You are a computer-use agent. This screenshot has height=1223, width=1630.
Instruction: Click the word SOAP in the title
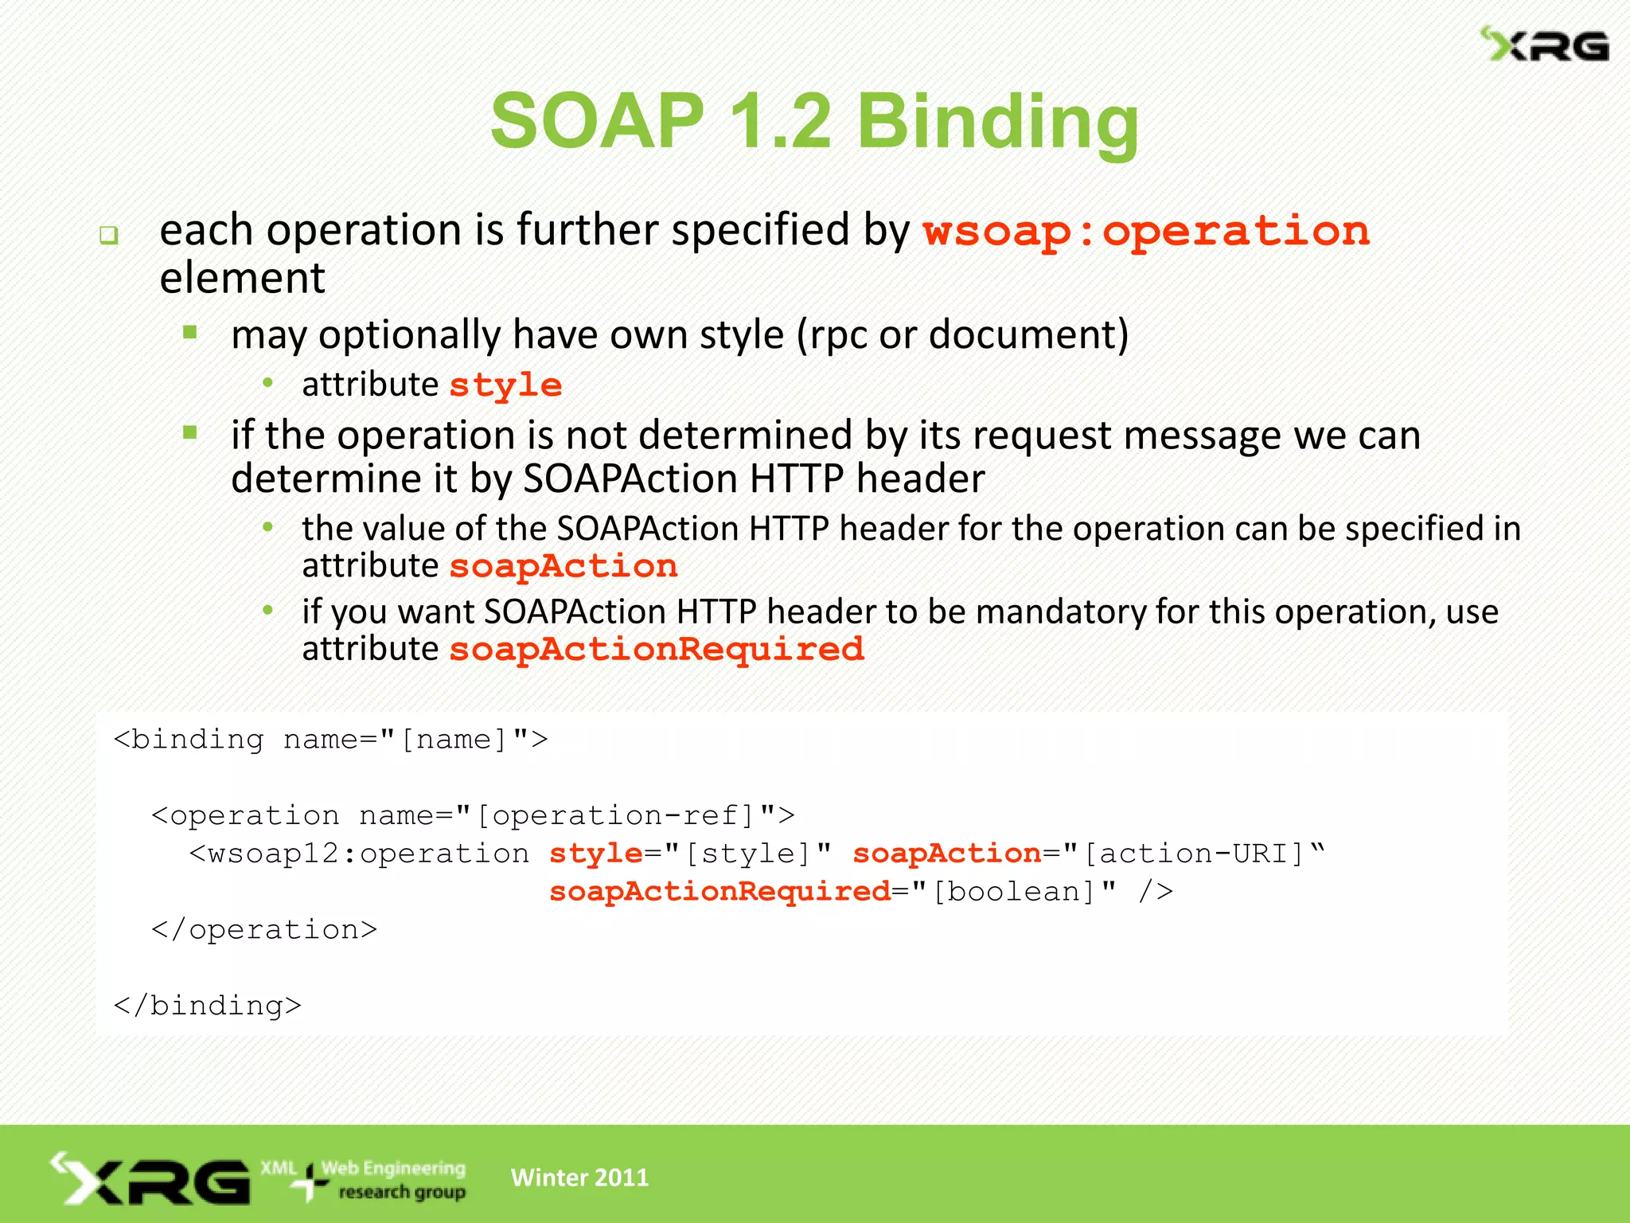click(x=597, y=121)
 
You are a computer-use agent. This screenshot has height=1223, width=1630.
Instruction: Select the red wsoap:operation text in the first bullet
click(x=1146, y=232)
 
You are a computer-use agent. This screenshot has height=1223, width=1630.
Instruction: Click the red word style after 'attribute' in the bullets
click(x=505, y=385)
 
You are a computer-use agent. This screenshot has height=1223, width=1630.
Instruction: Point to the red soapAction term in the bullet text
click(x=563, y=566)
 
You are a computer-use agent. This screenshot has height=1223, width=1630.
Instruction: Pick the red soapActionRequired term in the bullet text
click(x=657, y=649)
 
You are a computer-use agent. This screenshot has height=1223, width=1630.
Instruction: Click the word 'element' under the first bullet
click(x=242, y=278)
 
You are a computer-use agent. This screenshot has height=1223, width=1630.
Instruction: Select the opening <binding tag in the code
click(x=189, y=740)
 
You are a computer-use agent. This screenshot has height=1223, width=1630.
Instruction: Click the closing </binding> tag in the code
click(x=208, y=1006)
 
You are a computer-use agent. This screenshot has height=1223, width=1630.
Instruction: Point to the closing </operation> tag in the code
click(x=264, y=929)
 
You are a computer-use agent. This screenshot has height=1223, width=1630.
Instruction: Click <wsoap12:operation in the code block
click(x=359, y=854)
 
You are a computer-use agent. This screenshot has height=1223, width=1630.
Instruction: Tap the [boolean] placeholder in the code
click(x=1014, y=892)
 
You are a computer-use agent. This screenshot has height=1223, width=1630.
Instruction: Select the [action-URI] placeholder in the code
click(x=1194, y=854)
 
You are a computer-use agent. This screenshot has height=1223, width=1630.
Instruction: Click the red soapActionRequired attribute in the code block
click(x=719, y=892)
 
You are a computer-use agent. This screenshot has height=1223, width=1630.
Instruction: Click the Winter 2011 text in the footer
click(x=579, y=1177)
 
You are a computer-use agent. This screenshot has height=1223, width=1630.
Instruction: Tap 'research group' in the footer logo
click(x=402, y=1192)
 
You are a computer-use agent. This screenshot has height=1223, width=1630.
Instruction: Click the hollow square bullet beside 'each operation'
click(x=109, y=236)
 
